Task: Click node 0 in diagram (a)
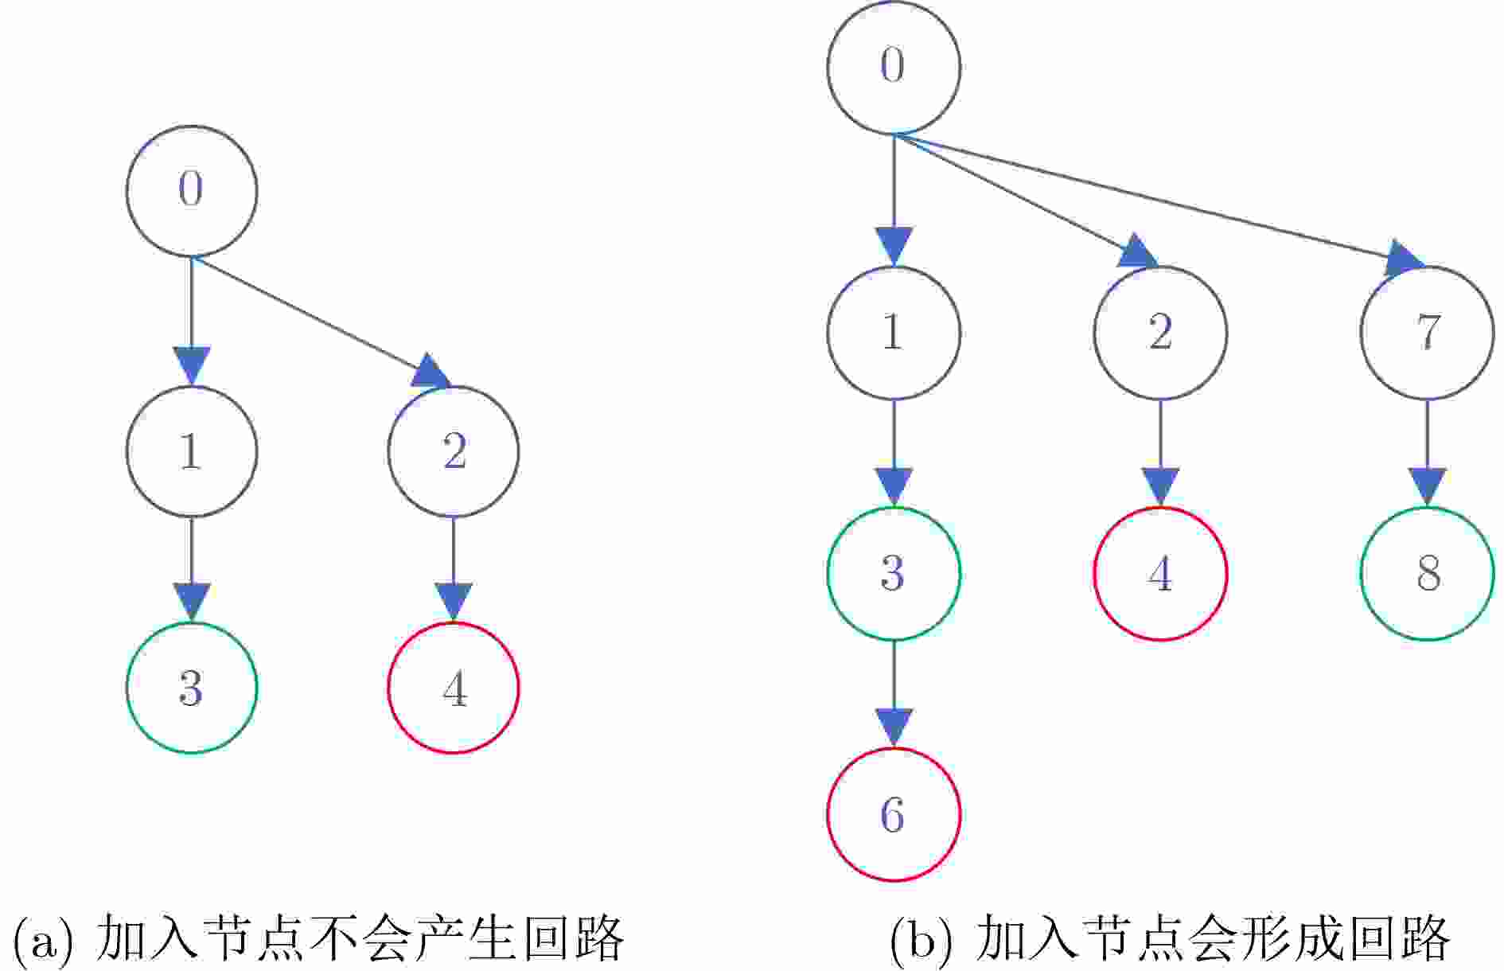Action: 192,191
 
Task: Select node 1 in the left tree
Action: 192,451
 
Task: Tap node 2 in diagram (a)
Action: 454,451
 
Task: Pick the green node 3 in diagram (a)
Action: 192,688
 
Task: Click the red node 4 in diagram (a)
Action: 454,688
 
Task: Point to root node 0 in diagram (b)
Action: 894,67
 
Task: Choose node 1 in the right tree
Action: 894,333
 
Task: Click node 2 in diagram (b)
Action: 1160,333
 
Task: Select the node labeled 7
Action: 1427,333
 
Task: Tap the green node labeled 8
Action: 1427,573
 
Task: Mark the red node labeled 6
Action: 894,814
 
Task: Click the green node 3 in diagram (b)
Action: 894,573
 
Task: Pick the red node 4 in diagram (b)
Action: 1160,573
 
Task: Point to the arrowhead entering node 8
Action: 1427,486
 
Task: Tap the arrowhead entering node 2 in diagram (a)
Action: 431,372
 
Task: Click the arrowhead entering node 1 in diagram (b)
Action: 894,245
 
